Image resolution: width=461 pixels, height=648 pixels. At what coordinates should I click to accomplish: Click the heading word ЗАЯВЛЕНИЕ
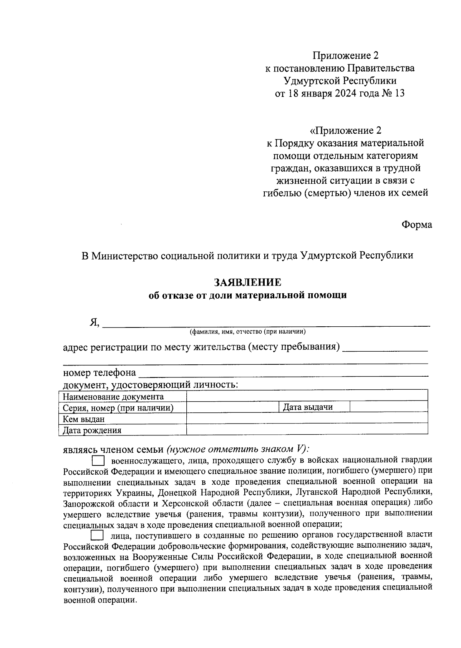[248, 282]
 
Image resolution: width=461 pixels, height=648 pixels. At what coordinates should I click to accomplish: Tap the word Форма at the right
[417, 225]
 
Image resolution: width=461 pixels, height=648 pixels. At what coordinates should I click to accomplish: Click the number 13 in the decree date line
[399, 93]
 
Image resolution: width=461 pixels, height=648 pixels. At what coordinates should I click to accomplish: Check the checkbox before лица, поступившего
[97, 535]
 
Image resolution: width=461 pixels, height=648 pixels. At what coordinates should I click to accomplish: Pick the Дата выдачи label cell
[308, 407]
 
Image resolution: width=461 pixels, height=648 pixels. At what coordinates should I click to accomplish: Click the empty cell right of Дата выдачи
[389, 407]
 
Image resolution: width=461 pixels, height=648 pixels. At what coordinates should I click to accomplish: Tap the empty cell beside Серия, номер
[232, 407]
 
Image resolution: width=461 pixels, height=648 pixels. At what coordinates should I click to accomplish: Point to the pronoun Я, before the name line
[95, 323]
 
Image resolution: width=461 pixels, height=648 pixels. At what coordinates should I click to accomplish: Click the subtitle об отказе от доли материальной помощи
[248, 295]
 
